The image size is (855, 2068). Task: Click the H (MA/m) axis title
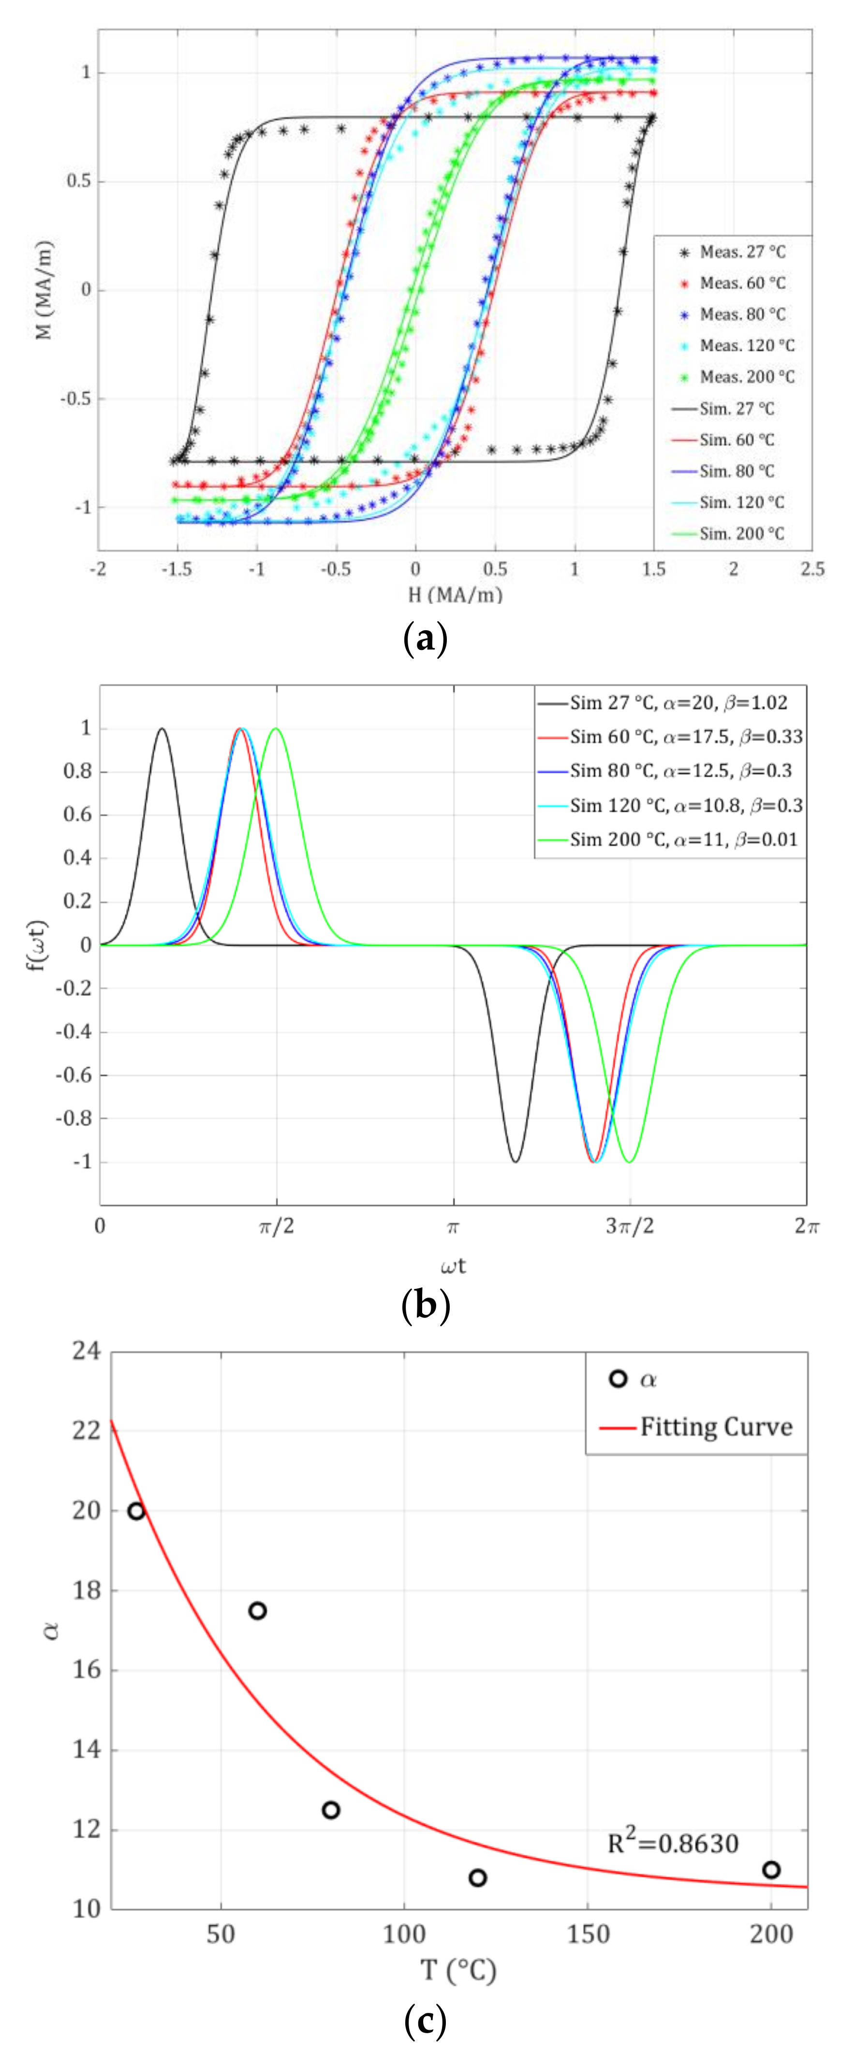[455, 595]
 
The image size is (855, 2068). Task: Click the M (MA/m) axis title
[44, 290]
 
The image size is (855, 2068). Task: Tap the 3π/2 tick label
[630, 1226]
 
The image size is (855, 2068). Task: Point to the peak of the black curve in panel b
[162, 729]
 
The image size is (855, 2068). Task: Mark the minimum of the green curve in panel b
[630, 1162]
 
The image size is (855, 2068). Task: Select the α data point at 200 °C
[771, 1870]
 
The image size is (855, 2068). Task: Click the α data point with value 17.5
[257, 1610]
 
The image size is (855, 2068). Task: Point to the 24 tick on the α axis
[87, 1351]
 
